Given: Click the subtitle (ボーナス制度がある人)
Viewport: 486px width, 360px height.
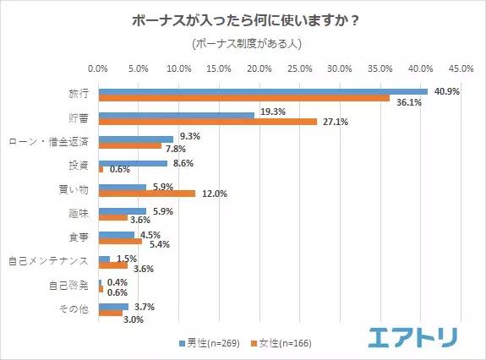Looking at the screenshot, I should tap(243, 42).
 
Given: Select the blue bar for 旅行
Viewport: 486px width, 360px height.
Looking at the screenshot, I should tap(263, 91).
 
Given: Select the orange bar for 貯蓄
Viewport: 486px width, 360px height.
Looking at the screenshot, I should tap(208, 122).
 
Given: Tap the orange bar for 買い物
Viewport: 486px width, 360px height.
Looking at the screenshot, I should tap(147, 194).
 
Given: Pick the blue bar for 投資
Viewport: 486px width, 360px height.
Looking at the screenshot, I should tap(133, 163).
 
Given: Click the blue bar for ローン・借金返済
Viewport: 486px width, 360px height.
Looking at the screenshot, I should tap(136, 139).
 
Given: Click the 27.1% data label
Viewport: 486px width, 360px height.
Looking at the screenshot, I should tap(334, 122).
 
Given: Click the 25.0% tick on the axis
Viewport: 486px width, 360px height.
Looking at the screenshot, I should tap(300, 68).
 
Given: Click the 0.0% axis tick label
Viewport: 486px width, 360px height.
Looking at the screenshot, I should tap(99, 68).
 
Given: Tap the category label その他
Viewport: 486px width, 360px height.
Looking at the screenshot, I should tap(74, 310).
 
